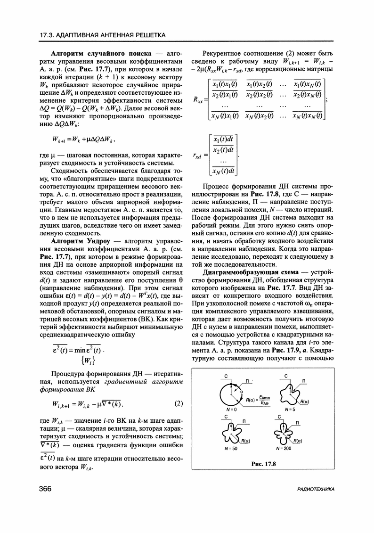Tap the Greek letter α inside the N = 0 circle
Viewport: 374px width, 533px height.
(242, 391)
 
